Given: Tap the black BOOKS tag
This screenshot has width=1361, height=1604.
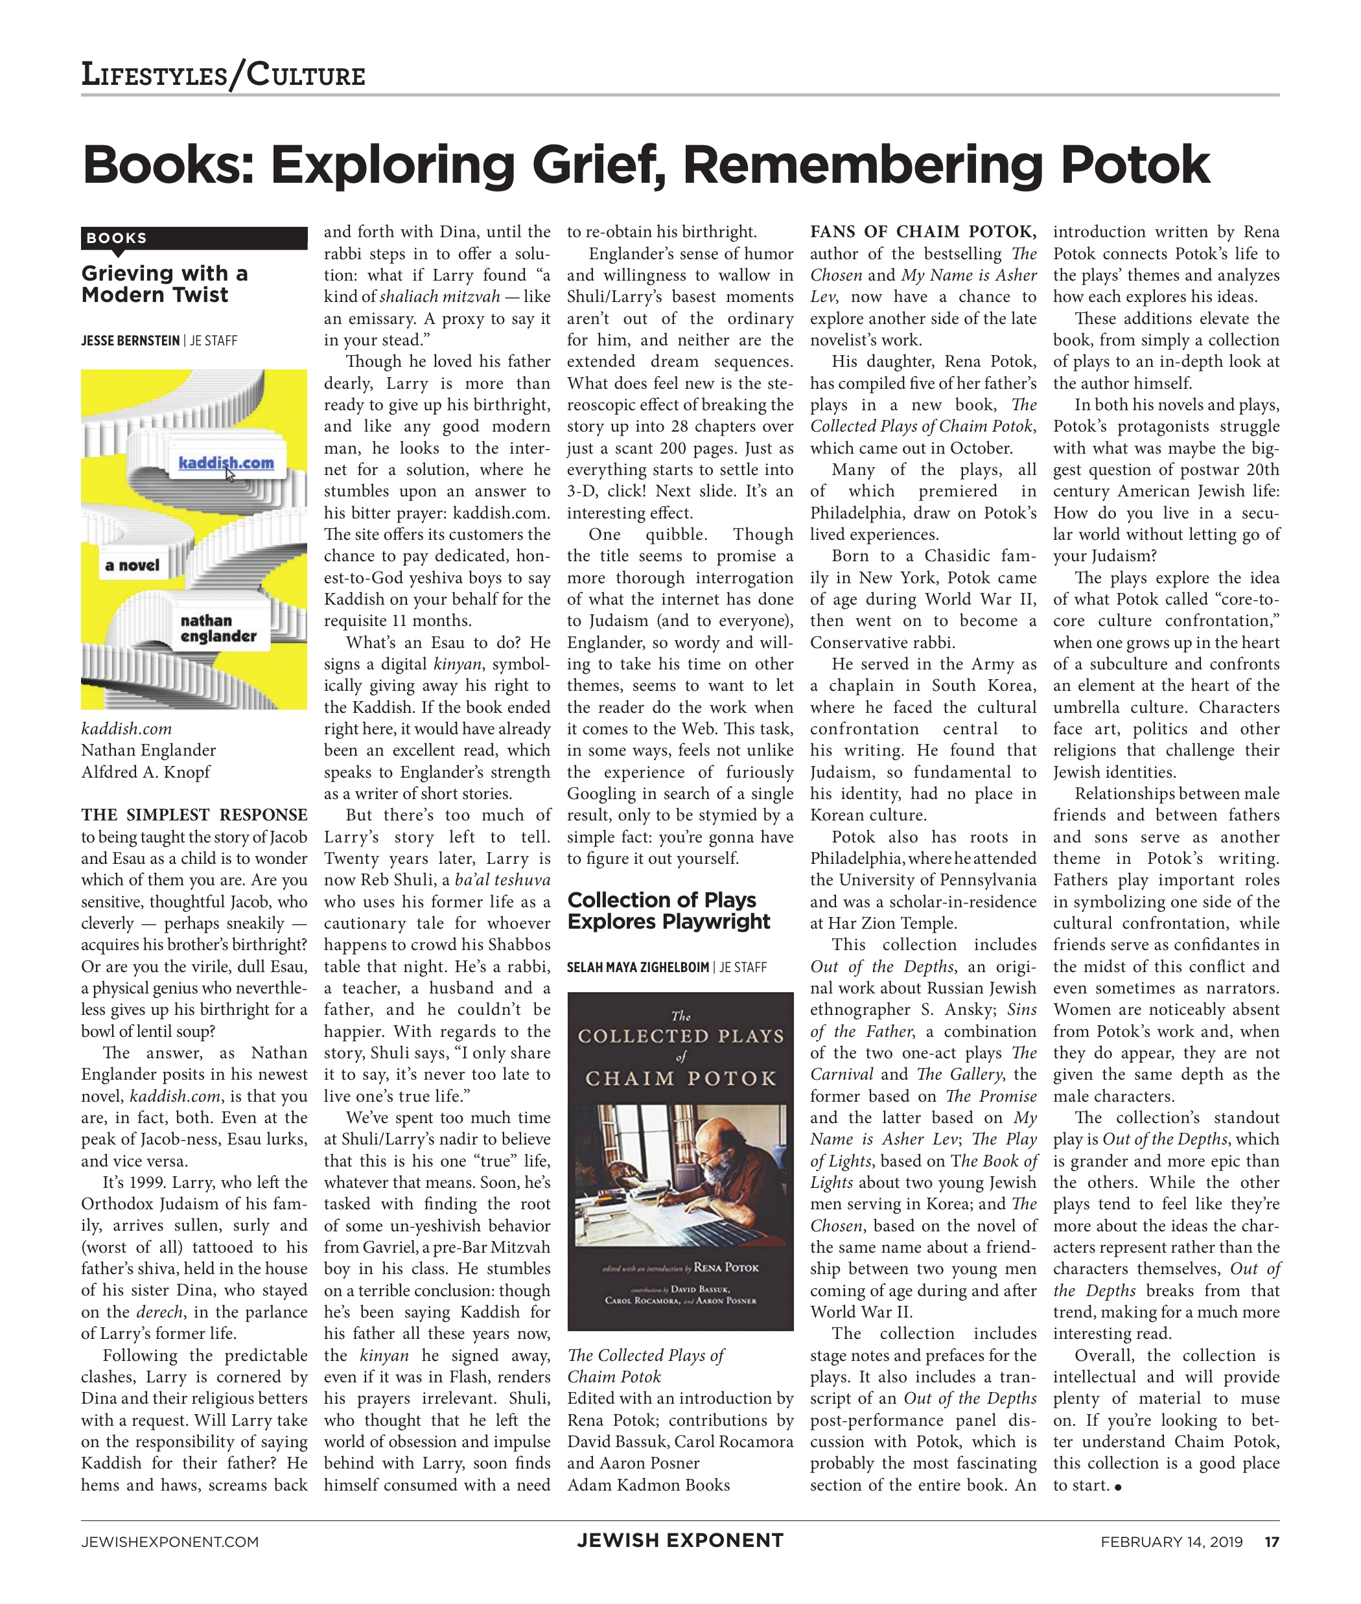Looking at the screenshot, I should (117, 238).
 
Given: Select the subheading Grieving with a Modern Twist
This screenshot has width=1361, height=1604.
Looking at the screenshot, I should (165, 284).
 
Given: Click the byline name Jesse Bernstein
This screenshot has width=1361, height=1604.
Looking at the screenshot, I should (130, 340).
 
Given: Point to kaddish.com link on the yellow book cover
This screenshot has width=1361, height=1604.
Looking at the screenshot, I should (226, 462).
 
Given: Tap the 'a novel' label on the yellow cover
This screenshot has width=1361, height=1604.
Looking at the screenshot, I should (132, 566).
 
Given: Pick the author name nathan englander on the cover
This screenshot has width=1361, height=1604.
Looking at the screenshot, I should (218, 628).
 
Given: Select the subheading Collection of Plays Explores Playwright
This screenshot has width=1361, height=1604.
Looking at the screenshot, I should (668, 911).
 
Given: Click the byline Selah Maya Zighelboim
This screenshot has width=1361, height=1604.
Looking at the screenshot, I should (637, 967).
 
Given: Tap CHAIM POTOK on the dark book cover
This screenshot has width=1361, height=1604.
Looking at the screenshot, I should (680, 1078).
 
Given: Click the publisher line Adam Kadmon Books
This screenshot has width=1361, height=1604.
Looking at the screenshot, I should (648, 1484).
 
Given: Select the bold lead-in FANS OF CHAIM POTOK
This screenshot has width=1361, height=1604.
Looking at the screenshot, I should (922, 231).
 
